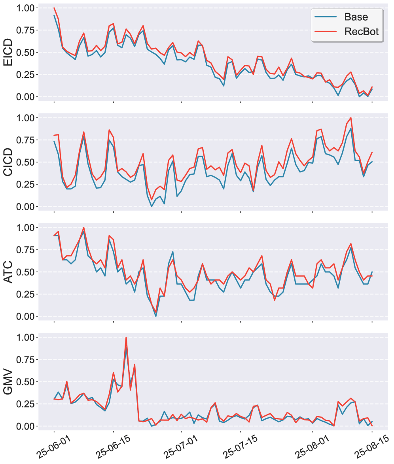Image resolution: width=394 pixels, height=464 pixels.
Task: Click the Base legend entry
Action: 356,17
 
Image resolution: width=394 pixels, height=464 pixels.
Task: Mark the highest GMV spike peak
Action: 126,338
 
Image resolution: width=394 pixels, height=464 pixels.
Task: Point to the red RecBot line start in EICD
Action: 54,8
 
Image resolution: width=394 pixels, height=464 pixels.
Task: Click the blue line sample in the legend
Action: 326,17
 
